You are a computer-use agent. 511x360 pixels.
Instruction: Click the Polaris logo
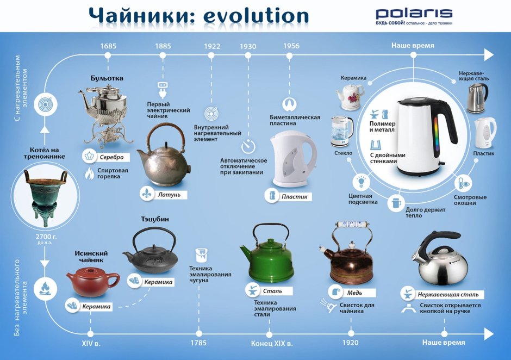(414, 13)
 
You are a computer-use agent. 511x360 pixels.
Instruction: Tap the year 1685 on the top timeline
(108, 46)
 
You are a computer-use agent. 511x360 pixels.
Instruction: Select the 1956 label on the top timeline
(291, 46)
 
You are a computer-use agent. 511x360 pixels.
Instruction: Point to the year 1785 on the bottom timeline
(199, 344)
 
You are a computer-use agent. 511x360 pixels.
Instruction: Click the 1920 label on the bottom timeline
(351, 344)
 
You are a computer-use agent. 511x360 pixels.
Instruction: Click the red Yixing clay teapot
(93, 281)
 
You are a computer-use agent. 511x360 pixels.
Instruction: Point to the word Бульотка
(107, 78)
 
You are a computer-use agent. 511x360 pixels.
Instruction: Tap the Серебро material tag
(111, 157)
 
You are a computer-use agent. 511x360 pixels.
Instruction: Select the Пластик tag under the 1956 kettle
(294, 196)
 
